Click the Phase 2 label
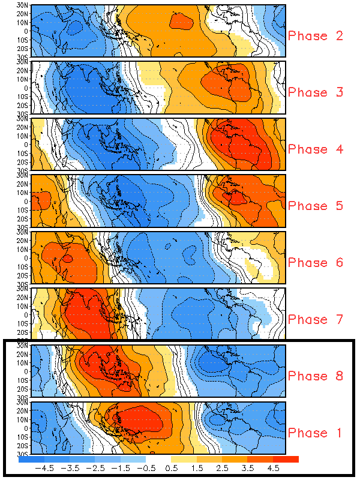coord(316,36)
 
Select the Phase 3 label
coord(316,92)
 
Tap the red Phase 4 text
coord(316,149)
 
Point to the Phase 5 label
coord(316,206)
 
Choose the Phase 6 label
coord(316,263)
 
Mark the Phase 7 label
coord(316,320)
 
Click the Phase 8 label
coord(316,376)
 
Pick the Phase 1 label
coord(316,433)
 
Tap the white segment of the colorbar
coord(158,460)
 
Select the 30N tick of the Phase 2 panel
coord(23,6)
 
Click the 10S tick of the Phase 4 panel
coord(23,153)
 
